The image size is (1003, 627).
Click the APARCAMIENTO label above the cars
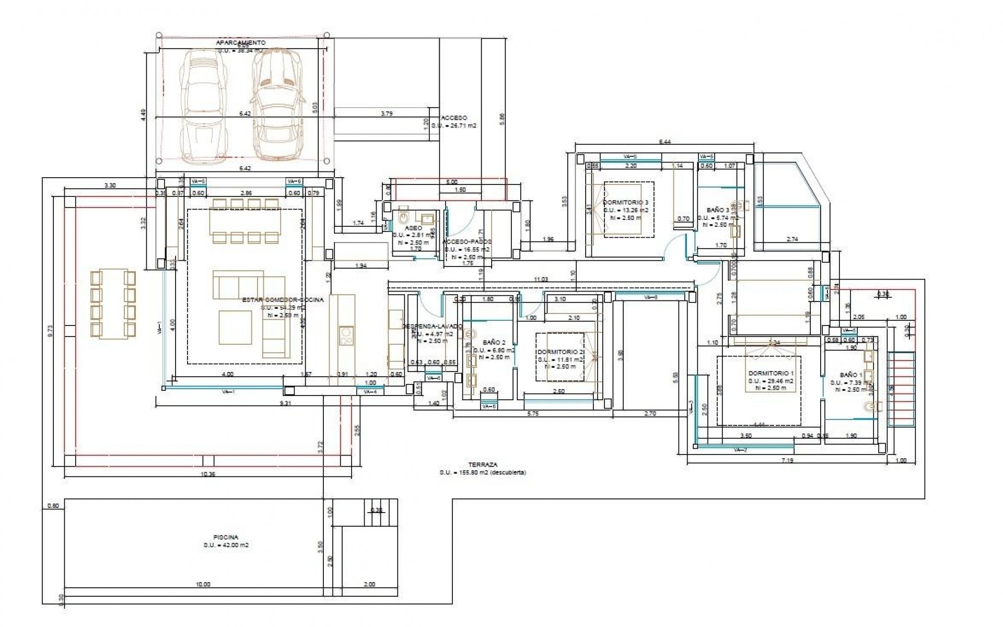point(241,42)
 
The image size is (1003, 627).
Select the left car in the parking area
point(204,104)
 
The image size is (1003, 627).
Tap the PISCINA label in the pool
point(226,537)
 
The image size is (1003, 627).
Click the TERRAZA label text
point(483,465)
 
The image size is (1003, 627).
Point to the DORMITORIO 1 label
point(771,374)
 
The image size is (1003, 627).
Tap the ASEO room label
point(413,228)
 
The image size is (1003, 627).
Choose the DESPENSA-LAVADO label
point(432,326)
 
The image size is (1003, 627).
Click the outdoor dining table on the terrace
point(113,304)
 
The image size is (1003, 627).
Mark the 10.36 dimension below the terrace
point(207,474)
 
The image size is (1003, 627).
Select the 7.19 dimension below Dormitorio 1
point(787,460)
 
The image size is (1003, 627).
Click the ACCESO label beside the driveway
point(454,118)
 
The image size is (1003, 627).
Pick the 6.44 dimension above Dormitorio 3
point(664,142)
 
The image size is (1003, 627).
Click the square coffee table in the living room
point(236,328)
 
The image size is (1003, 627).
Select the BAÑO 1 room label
point(851,375)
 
